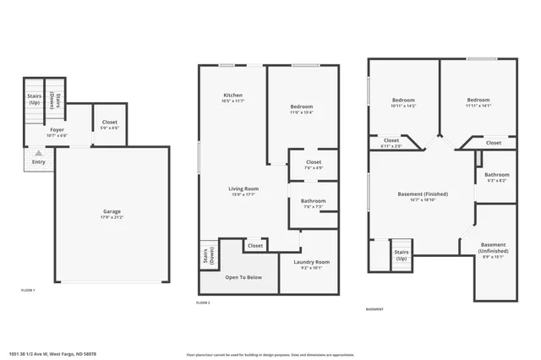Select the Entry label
39,161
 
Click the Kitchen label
233,95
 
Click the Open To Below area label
243,276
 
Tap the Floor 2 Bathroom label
313,202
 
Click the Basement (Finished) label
423,195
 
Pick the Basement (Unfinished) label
493,248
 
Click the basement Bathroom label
496,177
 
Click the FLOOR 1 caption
29,291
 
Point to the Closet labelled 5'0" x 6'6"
109,124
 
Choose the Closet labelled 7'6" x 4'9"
313,164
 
